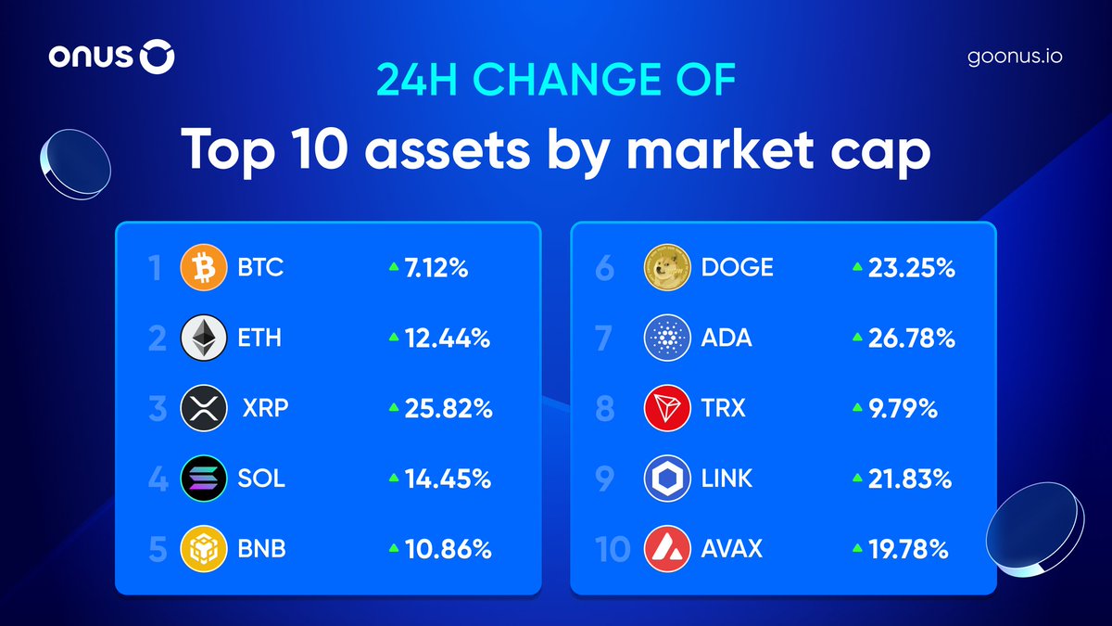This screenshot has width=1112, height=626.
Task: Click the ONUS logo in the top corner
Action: coord(111,58)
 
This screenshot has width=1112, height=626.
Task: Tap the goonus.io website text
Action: coord(1014,57)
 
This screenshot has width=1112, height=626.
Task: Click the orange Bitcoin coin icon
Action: coord(203,269)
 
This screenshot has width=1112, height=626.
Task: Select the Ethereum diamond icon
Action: coord(203,339)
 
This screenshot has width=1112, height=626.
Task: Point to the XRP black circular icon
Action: coord(203,408)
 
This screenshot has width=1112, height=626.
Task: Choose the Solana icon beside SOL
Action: coord(203,479)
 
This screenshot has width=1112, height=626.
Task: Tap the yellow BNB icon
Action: coord(203,548)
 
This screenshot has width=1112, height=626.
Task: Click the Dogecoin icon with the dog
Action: coord(667,268)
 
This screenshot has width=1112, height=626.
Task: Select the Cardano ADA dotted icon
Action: coord(667,339)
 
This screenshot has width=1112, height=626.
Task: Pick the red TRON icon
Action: coord(667,408)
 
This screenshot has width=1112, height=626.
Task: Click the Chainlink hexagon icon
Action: coord(667,479)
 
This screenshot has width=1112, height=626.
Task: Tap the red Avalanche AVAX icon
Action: coord(667,548)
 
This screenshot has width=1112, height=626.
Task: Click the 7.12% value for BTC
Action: coord(436,269)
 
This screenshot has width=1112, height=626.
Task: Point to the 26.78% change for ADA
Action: coord(911,339)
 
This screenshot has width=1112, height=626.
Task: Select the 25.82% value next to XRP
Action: coord(448,408)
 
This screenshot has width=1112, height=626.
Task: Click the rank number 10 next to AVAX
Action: coord(613,549)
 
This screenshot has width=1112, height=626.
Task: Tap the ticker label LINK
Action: coord(727,479)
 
